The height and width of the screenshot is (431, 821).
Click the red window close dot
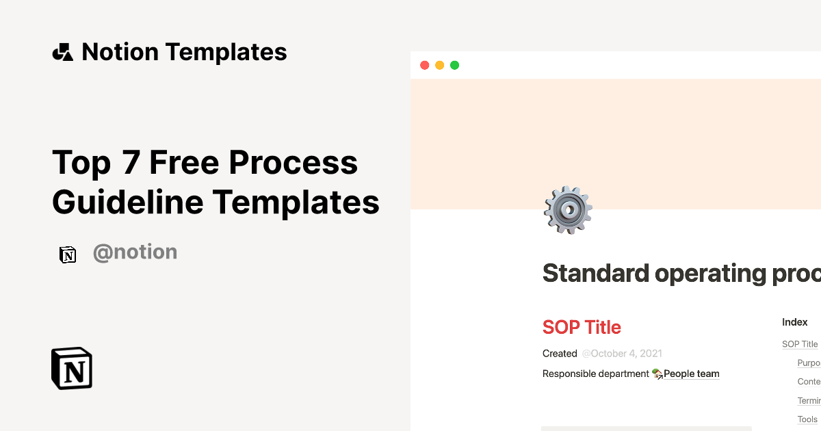424,66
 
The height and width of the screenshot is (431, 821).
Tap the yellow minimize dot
439,66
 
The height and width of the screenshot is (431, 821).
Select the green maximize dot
454,66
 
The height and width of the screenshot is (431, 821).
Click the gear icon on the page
568,210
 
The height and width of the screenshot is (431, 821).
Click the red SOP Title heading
582,327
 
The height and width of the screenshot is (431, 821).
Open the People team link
691,374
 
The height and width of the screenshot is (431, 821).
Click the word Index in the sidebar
795,322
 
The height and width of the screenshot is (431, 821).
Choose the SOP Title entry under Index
800,344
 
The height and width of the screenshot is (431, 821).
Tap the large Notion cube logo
72,368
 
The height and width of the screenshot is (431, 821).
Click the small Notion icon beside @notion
68,254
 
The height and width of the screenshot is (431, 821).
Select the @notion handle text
135,252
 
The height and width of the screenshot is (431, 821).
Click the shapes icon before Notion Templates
63,52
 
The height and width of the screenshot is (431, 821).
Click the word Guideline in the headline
128,203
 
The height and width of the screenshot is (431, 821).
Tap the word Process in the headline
293,163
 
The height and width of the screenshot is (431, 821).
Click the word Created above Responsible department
560,354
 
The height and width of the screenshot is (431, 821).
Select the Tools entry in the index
807,419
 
